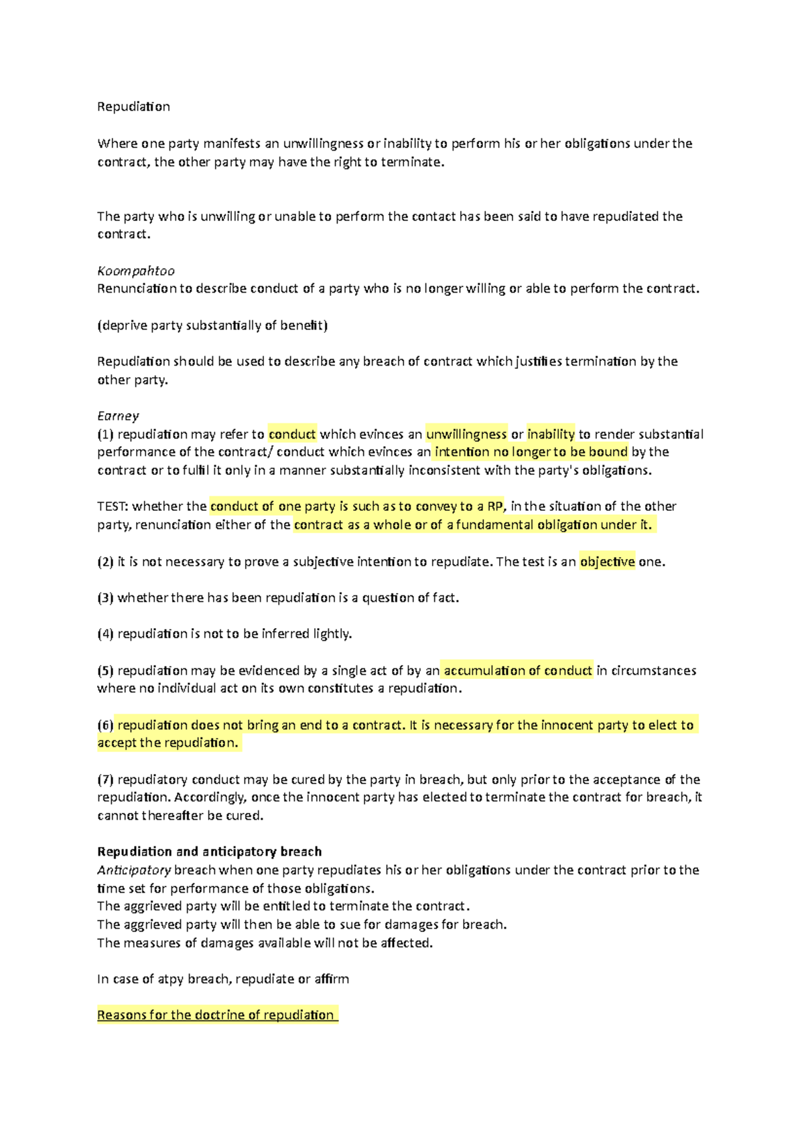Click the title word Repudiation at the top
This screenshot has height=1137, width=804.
tap(133, 106)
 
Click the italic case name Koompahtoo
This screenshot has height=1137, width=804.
tap(135, 271)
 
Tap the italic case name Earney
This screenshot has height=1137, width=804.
tap(118, 416)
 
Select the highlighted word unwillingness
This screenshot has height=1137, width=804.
tap(466, 434)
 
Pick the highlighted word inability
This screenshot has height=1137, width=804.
tap(551, 434)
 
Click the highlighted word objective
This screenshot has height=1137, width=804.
tap(607, 562)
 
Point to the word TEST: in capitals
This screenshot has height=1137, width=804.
tap(113, 506)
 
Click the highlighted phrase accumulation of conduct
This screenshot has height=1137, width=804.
tap(517, 670)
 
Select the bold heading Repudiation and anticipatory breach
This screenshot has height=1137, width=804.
tap(209, 852)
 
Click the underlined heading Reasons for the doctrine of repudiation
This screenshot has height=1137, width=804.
tap(216, 1015)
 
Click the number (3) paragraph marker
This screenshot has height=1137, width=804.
tap(105, 598)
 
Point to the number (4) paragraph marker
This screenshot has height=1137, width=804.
tap(105, 633)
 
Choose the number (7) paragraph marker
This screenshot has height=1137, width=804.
tap(105, 779)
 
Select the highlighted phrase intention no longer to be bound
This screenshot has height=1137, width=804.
tap(531, 452)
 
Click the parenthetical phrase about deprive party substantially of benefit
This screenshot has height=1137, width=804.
tap(212, 325)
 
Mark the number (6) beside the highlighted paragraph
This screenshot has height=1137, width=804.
tap(105, 725)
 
